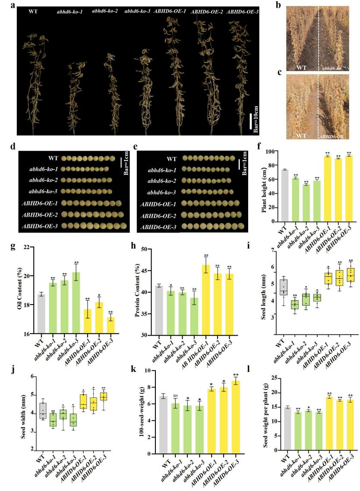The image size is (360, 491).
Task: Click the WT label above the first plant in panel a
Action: (33, 11)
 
